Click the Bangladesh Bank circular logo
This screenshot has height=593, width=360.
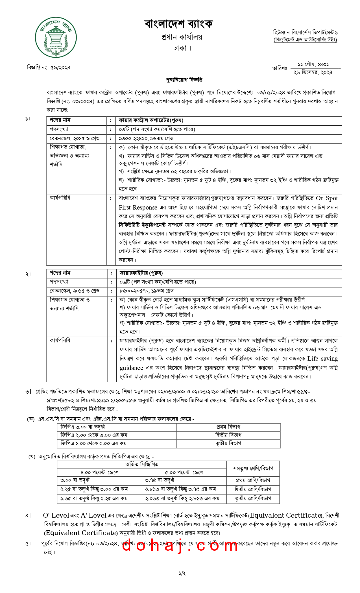(x=56, y=37)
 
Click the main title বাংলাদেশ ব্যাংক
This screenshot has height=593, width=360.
(x=178, y=24)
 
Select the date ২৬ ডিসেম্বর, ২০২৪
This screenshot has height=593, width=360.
(x=313, y=72)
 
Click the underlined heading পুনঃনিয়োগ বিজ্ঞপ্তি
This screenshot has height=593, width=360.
(x=184, y=80)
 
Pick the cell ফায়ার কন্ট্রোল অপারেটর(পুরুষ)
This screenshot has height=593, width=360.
(x=151, y=120)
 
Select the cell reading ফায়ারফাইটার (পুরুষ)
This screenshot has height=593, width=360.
(x=141, y=273)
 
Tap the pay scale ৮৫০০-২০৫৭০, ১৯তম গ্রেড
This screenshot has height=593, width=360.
(x=147, y=291)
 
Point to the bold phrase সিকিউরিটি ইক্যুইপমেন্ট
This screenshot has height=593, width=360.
(x=142, y=225)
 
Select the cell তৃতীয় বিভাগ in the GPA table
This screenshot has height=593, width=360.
(x=228, y=443)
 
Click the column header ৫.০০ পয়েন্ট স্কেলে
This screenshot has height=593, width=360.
(x=184, y=472)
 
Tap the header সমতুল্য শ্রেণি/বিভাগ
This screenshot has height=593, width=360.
(x=253, y=468)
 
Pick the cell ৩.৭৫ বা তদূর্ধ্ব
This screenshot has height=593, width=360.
(x=160, y=480)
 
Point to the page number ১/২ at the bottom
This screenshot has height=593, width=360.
(x=182, y=573)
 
